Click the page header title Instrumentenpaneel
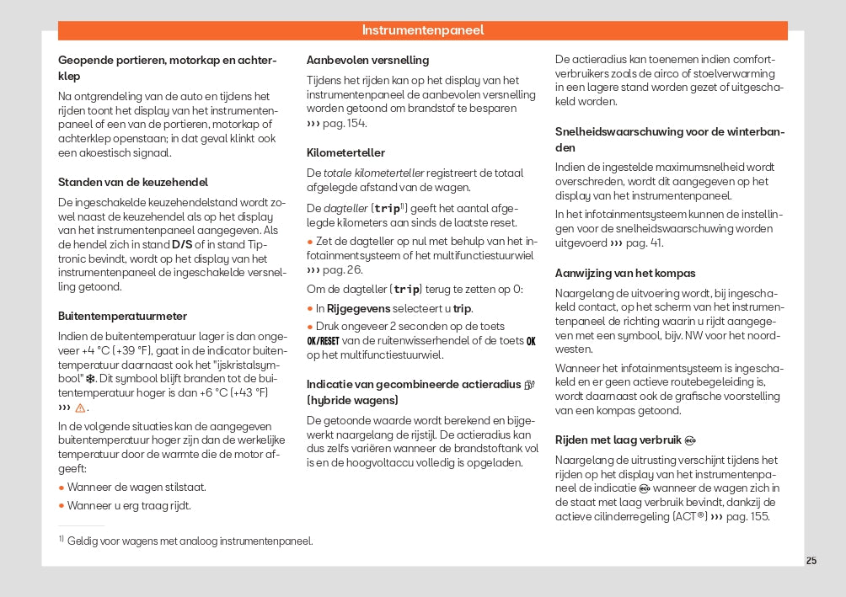(x=423, y=30)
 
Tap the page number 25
(x=811, y=561)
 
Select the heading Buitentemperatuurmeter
(x=122, y=316)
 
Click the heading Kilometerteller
(x=345, y=152)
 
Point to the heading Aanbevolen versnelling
(x=367, y=60)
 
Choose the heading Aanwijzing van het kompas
(x=625, y=273)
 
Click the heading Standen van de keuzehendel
(x=132, y=182)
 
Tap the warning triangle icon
(x=80, y=408)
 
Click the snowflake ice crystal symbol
(x=90, y=379)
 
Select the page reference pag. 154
(x=345, y=123)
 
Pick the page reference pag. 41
(x=644, y=243)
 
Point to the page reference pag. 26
(x=343, y=269)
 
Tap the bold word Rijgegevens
(x=359, y=308)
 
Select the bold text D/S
(x=182, y=244)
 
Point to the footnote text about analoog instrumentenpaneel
(x=190, y=541)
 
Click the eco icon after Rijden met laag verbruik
(x=690, y=440)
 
